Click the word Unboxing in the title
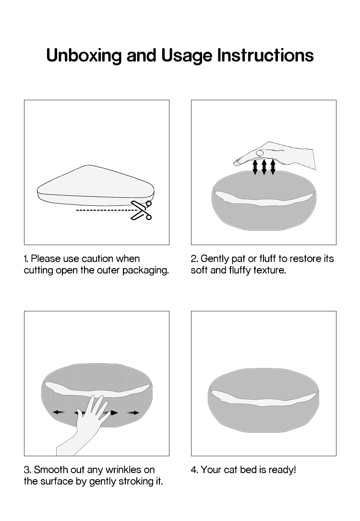pos(84,56)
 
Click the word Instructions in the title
pos(265,55)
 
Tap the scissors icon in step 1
pos(142,210)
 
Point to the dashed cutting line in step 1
pos(104,210)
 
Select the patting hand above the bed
pos(275,155)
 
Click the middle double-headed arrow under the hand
pos(264,167)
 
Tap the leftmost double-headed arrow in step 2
pos(255,167)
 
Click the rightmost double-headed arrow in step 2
pos(273,167)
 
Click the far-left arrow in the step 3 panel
pos(59,413)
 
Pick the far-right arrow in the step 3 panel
pos(133,413)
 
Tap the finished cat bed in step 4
pos(264,400)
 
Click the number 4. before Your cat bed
pos(194,470)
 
